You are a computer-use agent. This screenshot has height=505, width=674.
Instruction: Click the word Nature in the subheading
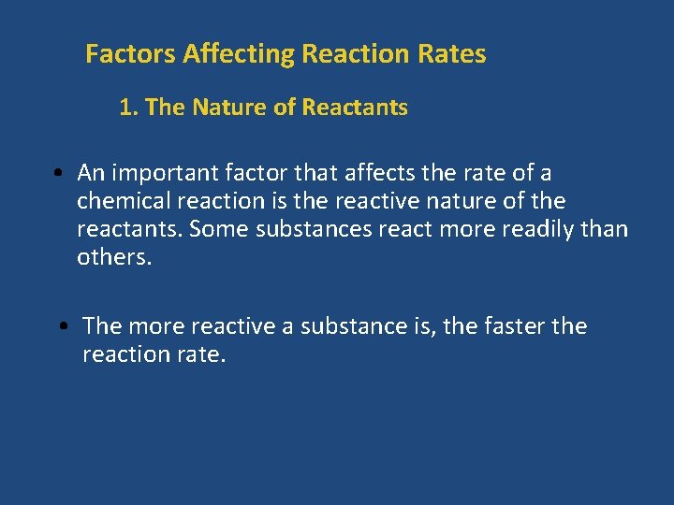pyautogui.click(x=228, y=108)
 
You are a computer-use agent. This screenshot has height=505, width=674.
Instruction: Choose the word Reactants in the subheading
pyautogui.click(x=355, y=108)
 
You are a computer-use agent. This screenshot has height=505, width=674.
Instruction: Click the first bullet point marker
pyautogui.click(x=58, y=173)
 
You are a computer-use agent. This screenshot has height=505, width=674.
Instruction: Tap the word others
pyautogui.click(x=113, y=257)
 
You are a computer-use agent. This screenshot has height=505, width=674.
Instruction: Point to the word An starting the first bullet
pyautogui.click(x=91, y=173)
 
